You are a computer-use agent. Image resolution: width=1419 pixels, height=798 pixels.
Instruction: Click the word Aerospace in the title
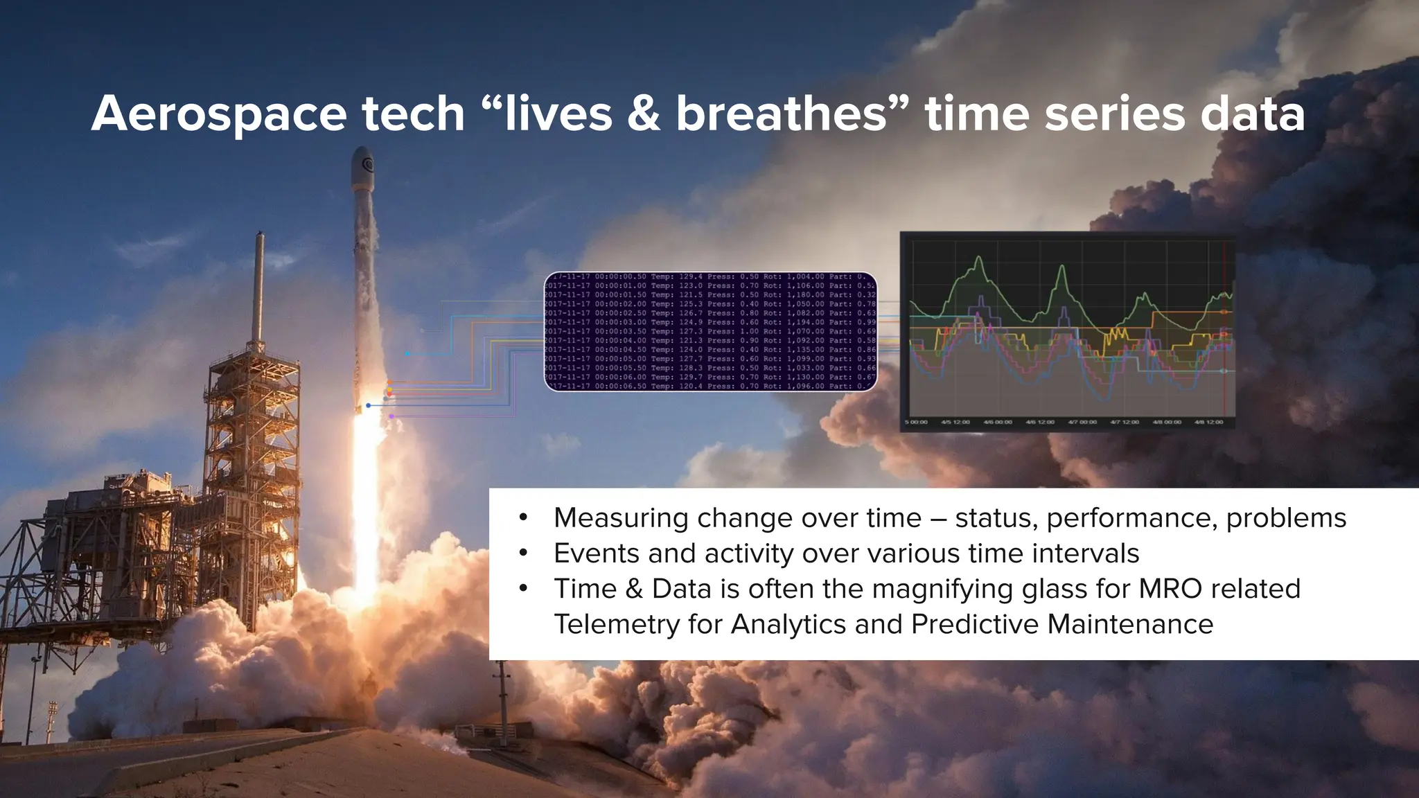pos(219,114)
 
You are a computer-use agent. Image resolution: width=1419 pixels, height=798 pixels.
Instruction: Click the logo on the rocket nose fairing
pos(367,165)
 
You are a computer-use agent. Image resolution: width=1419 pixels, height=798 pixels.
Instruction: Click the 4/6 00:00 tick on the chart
pos(998,422)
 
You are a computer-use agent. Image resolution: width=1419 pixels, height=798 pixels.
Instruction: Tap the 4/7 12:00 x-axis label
pos(1125,422)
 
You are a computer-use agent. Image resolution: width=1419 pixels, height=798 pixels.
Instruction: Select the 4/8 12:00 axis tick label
pos(1208,422)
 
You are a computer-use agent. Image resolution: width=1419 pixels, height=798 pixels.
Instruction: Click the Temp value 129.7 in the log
pos(690,377)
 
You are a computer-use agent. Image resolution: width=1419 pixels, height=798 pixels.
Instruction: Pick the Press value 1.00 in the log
pos(749,331)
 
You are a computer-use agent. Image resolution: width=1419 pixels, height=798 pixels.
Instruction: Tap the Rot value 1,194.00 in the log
pos(805,322)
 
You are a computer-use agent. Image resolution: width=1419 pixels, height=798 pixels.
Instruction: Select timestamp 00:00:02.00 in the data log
pos(620,303)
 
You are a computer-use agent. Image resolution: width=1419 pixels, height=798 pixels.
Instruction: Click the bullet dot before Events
pos(523,553)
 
